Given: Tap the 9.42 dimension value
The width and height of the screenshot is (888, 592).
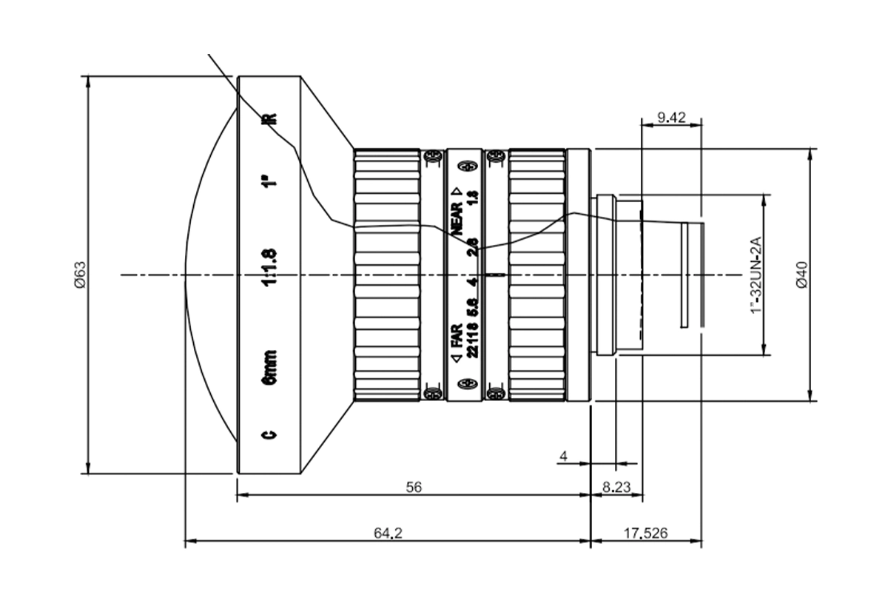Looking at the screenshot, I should pyautogui.click(x=670, y=116).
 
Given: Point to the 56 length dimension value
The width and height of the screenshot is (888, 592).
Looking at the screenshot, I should pyautogui.click(x=414, y=487).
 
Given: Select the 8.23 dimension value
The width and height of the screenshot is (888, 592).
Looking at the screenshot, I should pyautogui.click(x=616, y=487).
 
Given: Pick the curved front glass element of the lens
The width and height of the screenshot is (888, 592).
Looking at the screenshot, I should pyautogui.click(x=211, y=275).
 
